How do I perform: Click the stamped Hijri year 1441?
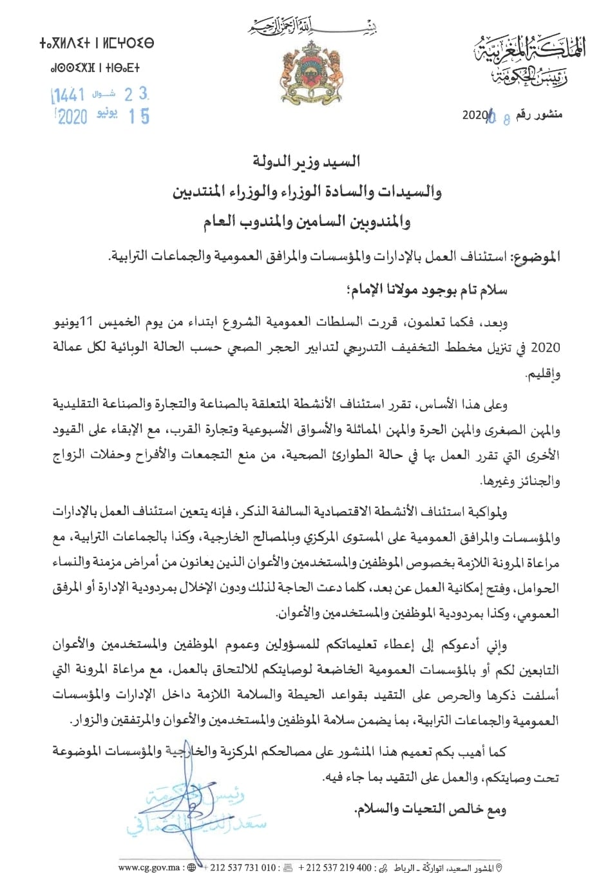coord(68,96)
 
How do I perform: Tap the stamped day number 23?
coord(136,95)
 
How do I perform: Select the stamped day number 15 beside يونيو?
coord(138,117)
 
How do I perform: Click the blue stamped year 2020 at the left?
coord(71,117)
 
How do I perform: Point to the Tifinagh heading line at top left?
coord(97,44)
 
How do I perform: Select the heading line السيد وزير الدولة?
coord(306,162)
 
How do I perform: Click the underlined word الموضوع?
coord(535,257)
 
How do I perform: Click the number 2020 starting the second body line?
coord(548,348)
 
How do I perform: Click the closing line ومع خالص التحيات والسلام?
coord(430,809)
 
